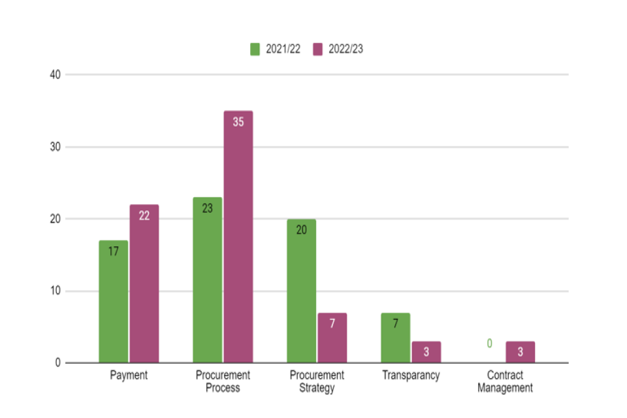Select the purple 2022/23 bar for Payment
click(144, 284)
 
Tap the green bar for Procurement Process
click(207, 280)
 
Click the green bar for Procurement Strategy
click(301, 291)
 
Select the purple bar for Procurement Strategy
click(332, 338)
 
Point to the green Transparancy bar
click(395, 338)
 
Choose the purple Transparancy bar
click(426, 352)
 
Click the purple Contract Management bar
click(520, 352)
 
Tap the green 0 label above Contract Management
click(489, 344)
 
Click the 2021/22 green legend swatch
click(255, 49)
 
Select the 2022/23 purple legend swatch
click(318, 49)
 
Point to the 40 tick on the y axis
click(55, 75)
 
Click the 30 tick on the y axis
click(55, 147)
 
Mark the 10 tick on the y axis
click(55, 291)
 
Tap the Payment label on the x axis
click(129, 376)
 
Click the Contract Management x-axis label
click(505, 381)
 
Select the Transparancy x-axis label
click(411, 376)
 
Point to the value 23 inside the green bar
click(207, 209)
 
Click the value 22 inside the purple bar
click(144, 216)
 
